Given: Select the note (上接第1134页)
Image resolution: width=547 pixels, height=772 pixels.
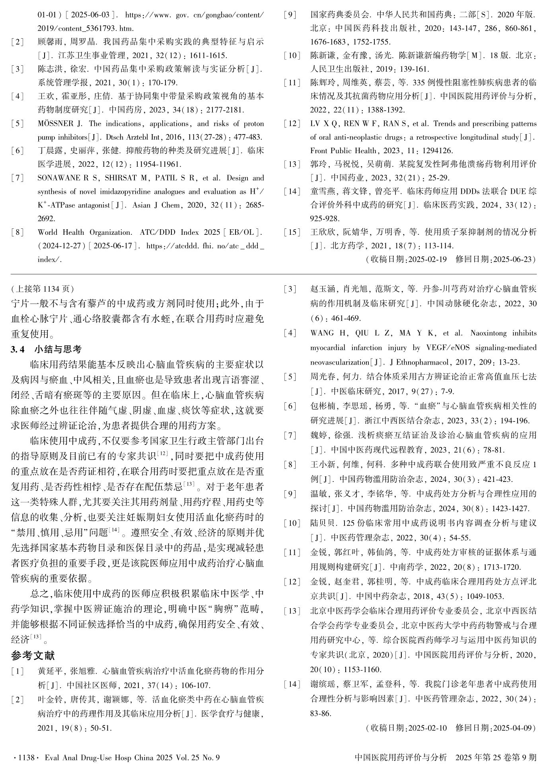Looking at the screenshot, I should pyautogui.click(x=42, y=288).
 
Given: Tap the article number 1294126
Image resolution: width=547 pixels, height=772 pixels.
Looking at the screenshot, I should pyautogui.click(x=436, y=151).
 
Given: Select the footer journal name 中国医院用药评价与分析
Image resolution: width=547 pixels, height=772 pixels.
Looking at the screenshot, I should pyautogui.click(x=401, y=757).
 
